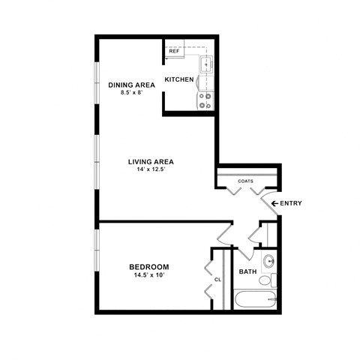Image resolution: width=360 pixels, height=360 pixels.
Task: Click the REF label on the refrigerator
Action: pyautogui.click(x=174, y=52)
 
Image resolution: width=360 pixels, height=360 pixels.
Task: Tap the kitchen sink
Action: pyautogui.click(x=205, y=64)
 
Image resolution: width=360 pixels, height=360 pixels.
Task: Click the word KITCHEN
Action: pyautogui.click(x=180, y=79)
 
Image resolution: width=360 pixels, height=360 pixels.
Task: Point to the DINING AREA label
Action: pyautogui.click(x=131, y=85)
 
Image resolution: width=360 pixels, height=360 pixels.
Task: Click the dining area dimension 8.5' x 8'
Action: pyautogui.click(x=131, y=93)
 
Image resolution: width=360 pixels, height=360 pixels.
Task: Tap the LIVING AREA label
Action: pyautogui.click(x=151, y=162)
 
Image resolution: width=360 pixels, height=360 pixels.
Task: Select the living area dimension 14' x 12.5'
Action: pyautogui.click(x=151, y=170)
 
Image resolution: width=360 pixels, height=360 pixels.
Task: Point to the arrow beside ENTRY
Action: pyautogui.click(x=275, y=203)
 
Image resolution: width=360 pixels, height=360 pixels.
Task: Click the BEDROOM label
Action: pyautogui.click(x=148, y=267)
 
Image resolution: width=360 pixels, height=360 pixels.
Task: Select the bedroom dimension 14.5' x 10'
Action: pyautogui.click(x=148, y=275)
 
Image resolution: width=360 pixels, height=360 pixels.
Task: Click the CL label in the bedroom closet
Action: pyautogui.click(x=217, y=280)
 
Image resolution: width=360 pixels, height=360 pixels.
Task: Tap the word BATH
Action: pyautogui.click(x=247, y=271)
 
